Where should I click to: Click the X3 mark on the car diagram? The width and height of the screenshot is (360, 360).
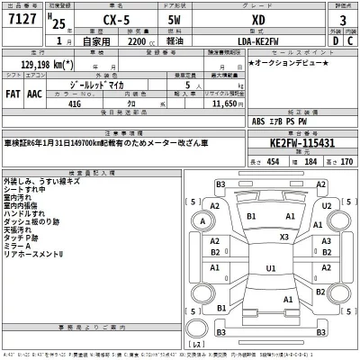[284, 237]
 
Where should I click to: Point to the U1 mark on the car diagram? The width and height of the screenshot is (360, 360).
[270, 267]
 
